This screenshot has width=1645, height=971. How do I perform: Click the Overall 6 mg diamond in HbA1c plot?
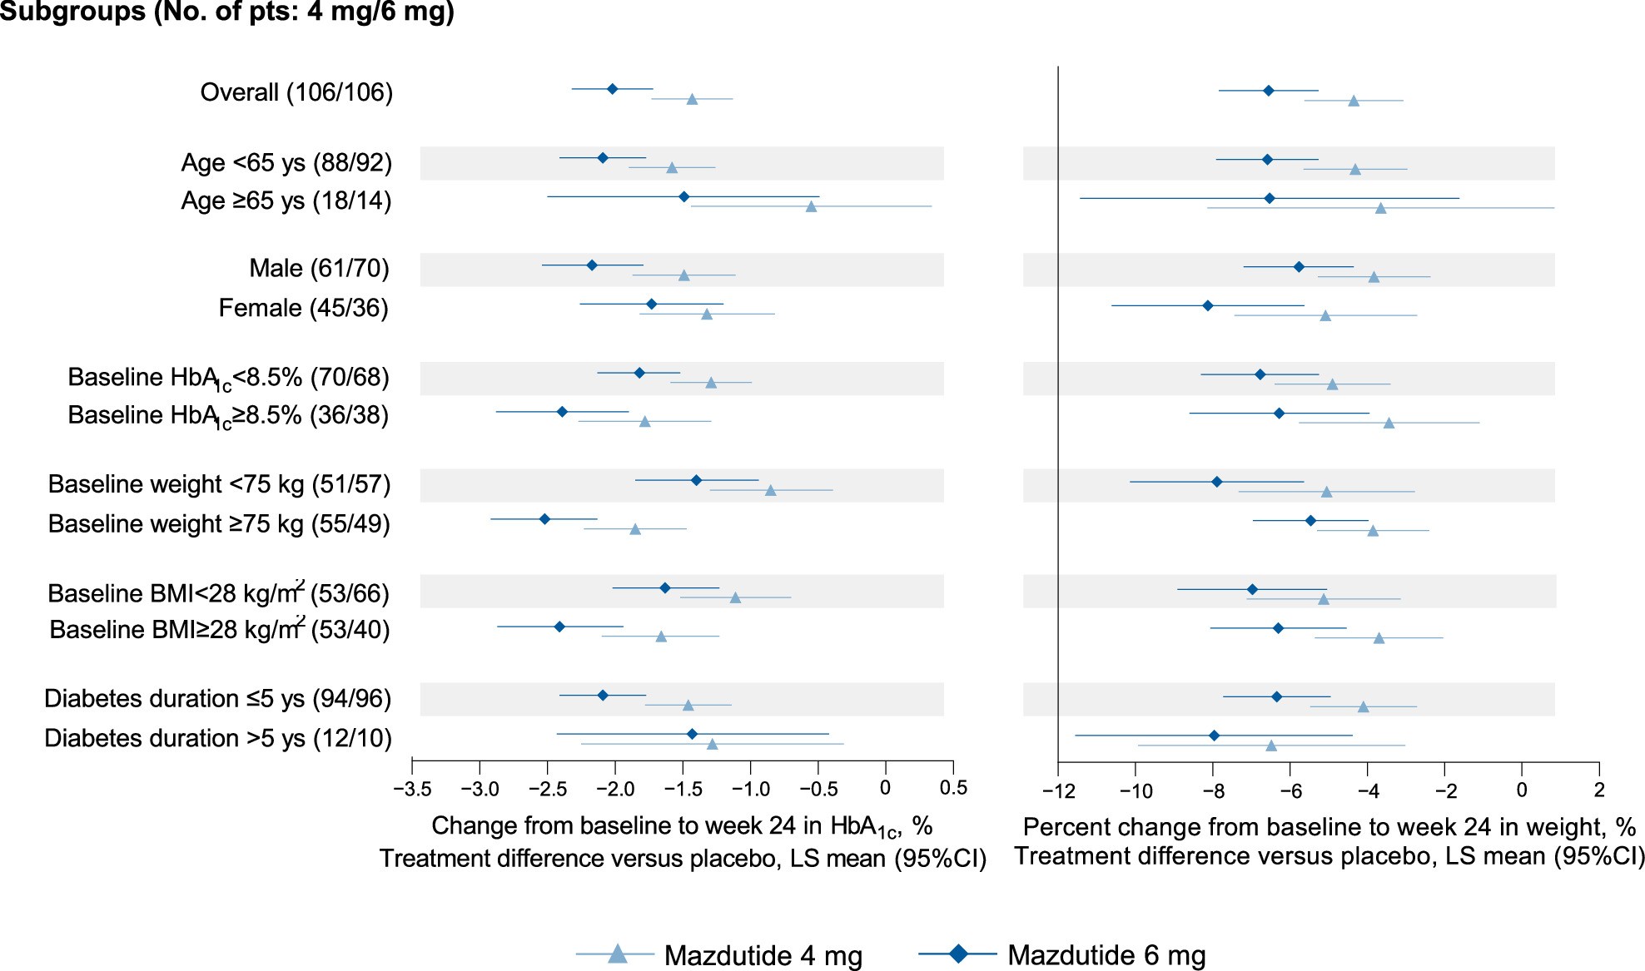click(613, 89)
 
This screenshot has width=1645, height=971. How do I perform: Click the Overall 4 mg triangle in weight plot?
click(1354, 101)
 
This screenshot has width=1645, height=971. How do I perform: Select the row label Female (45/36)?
click(303, 308)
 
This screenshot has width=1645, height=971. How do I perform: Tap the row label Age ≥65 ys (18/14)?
click(286, 201)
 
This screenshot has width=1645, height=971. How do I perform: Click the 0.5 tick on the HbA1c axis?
click(953, 788)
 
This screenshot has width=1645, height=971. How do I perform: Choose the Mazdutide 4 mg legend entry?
click(720, 955)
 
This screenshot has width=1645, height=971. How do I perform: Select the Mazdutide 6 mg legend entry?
click(1063, 955)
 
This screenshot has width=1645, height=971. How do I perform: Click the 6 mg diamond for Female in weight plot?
click(1208, 306)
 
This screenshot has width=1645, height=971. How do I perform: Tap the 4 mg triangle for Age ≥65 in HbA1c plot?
click(812, 206)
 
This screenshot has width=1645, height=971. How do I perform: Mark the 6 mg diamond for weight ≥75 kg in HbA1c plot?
click(544, 519)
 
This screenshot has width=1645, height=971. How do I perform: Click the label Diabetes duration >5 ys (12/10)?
click(218, 738)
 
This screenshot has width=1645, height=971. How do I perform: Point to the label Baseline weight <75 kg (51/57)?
click(219, 484)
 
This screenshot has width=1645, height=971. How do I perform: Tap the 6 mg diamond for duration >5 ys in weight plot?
click(1214, 736)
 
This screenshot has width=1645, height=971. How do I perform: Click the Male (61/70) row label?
click(320, 268)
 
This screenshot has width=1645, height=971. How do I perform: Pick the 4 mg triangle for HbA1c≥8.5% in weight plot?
click(1389, 423)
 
